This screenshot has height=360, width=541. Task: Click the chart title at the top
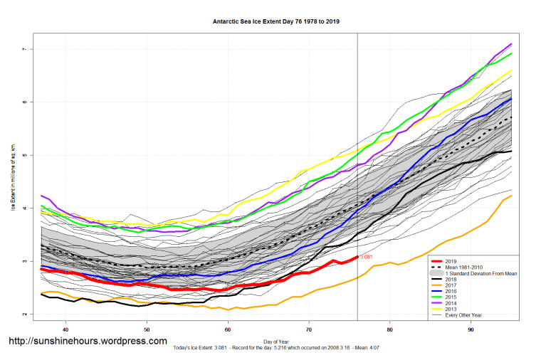pos(276,21)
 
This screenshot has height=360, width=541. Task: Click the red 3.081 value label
pos(367,256)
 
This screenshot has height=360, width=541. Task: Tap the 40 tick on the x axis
pos(65,329)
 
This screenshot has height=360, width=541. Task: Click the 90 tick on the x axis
pos(471,329)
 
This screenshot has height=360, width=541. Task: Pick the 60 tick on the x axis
pos(228,329)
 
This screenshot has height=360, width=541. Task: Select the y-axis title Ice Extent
pos(14,181)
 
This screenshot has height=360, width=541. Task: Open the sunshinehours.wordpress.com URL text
pos(88,342)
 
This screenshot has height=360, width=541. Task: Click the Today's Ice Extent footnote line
pos(275,349)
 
